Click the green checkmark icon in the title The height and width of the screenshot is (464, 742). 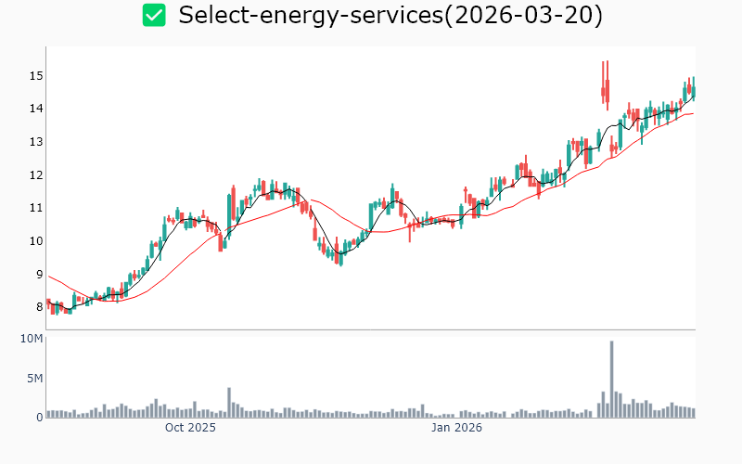pos(154,15)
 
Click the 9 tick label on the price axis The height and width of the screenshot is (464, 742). pos(38,275)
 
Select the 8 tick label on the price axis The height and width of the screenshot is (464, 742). pos(38,307)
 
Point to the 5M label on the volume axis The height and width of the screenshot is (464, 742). pos(34,379)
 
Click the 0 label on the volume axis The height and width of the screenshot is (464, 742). pos(39,417)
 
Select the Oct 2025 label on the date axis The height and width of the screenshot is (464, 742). pos(190,428)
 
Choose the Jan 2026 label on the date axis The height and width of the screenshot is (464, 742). pos(456,428)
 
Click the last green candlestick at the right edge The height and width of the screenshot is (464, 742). pos(693,89)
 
